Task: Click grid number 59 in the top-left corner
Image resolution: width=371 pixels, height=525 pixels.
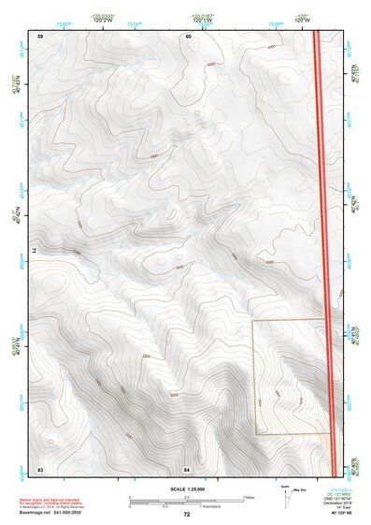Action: point(40,36)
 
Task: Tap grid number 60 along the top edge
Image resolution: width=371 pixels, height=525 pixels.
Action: point(188,36)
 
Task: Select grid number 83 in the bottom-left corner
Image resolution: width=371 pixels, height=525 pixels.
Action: point(40,467)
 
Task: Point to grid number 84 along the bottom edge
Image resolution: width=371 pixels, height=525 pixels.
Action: point(187,467)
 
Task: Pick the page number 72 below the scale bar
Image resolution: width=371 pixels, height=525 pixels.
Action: point(187,515)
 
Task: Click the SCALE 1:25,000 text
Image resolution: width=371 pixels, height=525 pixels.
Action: point(186,489)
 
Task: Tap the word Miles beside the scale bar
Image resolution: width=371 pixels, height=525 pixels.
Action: point(250,497)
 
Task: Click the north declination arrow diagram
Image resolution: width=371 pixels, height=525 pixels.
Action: point(285,496)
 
